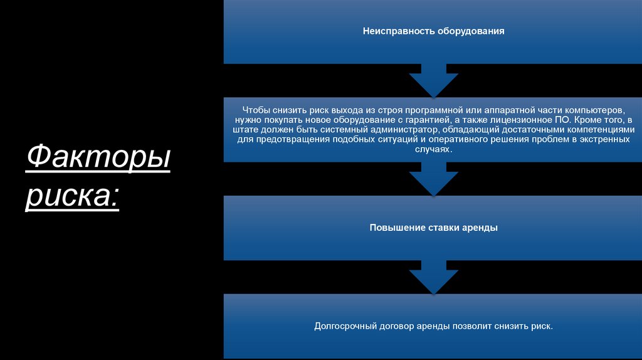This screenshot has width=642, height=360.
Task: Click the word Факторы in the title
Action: [98, 157]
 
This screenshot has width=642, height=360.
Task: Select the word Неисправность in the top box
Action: [399, 31]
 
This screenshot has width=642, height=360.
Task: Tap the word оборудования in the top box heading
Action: [471, 31]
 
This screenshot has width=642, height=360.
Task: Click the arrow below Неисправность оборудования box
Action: [434, 81]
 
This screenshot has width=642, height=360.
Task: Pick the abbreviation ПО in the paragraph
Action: [566, 120]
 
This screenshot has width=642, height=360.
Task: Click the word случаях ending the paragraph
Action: [432, 149]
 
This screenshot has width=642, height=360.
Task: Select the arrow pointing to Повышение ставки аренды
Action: [434, 179]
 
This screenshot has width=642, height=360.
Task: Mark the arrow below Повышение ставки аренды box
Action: [434, 277]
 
